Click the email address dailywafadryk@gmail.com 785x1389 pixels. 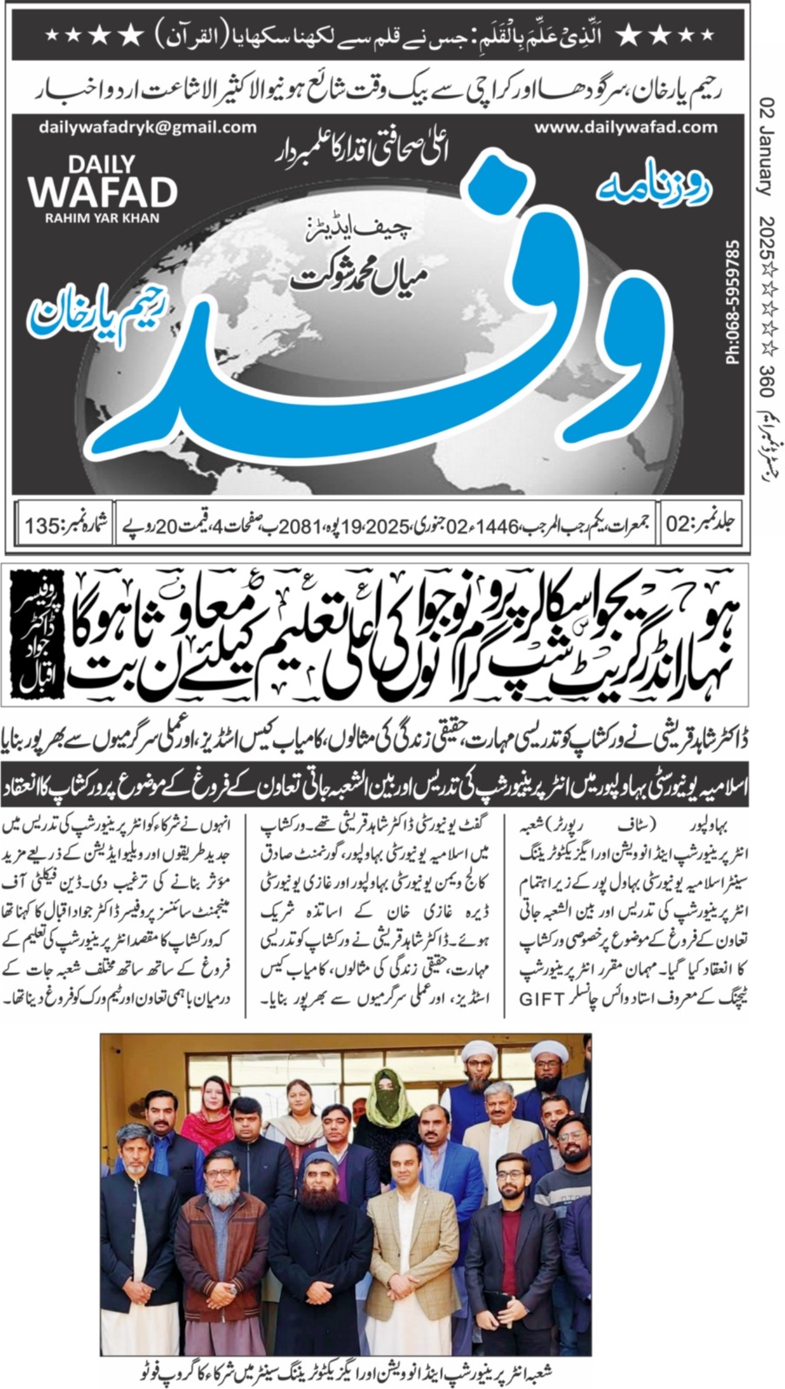coord(148,127)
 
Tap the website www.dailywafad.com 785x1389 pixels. coord(626,127)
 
